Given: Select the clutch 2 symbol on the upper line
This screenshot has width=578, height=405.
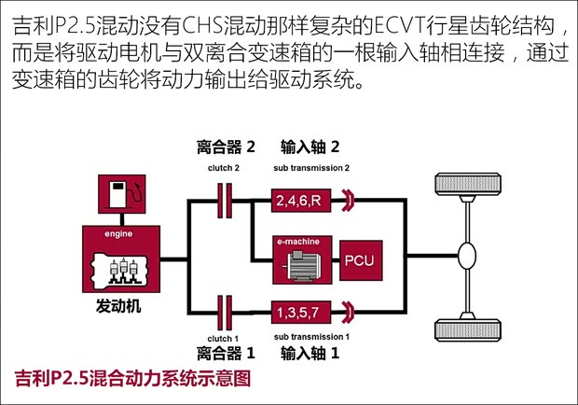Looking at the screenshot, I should (x=225, y=198).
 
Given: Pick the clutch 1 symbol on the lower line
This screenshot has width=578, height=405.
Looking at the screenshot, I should (x=225, y=308).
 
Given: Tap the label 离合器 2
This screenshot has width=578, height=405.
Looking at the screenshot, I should (x=225, y=147).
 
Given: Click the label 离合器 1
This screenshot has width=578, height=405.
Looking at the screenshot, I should (x=225, y=353).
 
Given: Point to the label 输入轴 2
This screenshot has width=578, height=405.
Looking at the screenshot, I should (x=310, y=147).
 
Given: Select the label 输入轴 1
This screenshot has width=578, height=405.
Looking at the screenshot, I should (x=310, y=353).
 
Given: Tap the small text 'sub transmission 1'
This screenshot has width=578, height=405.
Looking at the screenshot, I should (x=311, y=334).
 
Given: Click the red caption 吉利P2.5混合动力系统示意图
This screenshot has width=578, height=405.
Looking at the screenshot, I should (x=133, y=378).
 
